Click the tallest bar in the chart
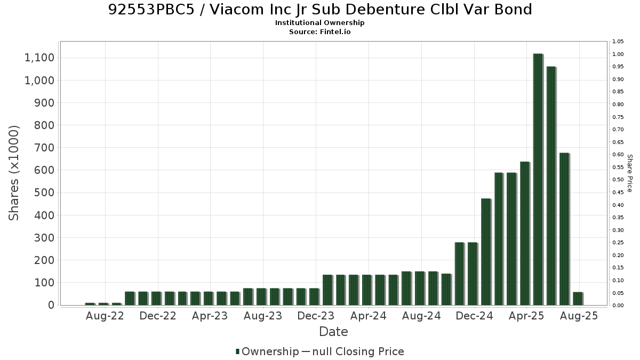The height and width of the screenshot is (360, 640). click(x=538, y=179)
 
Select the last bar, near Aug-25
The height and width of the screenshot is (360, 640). click(x=578, y=299)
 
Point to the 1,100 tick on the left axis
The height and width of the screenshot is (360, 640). click(x=39, y=58)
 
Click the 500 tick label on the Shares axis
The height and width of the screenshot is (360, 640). click(x=44, y=193)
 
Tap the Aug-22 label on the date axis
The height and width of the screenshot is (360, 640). click(x=105, y=316)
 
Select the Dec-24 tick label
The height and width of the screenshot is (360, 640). click(x=474, y=316)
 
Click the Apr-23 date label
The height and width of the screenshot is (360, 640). click(x=210, y=316)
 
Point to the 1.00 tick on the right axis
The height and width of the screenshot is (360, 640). click(x=618, y=54)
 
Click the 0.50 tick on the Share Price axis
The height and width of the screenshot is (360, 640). click(x=618, y=180)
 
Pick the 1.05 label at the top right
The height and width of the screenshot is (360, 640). click(x=618, y=42)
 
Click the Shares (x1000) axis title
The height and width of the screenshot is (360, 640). click(x=13, y=173)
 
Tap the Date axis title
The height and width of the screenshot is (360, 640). click(x=333, y=332)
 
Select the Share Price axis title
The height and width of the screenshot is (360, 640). click(x=630, y=173)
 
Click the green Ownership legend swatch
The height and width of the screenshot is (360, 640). click(x=237, y=351)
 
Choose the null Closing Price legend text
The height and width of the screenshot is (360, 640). click(x=358, y=351)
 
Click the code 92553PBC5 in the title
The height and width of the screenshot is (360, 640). click(x=151, y=10)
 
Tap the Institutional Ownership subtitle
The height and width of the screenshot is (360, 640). click(x=319, y=23)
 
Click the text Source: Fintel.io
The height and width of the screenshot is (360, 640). click(x=319, y=31)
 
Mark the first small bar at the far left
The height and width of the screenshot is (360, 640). click(x=90, y=304)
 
